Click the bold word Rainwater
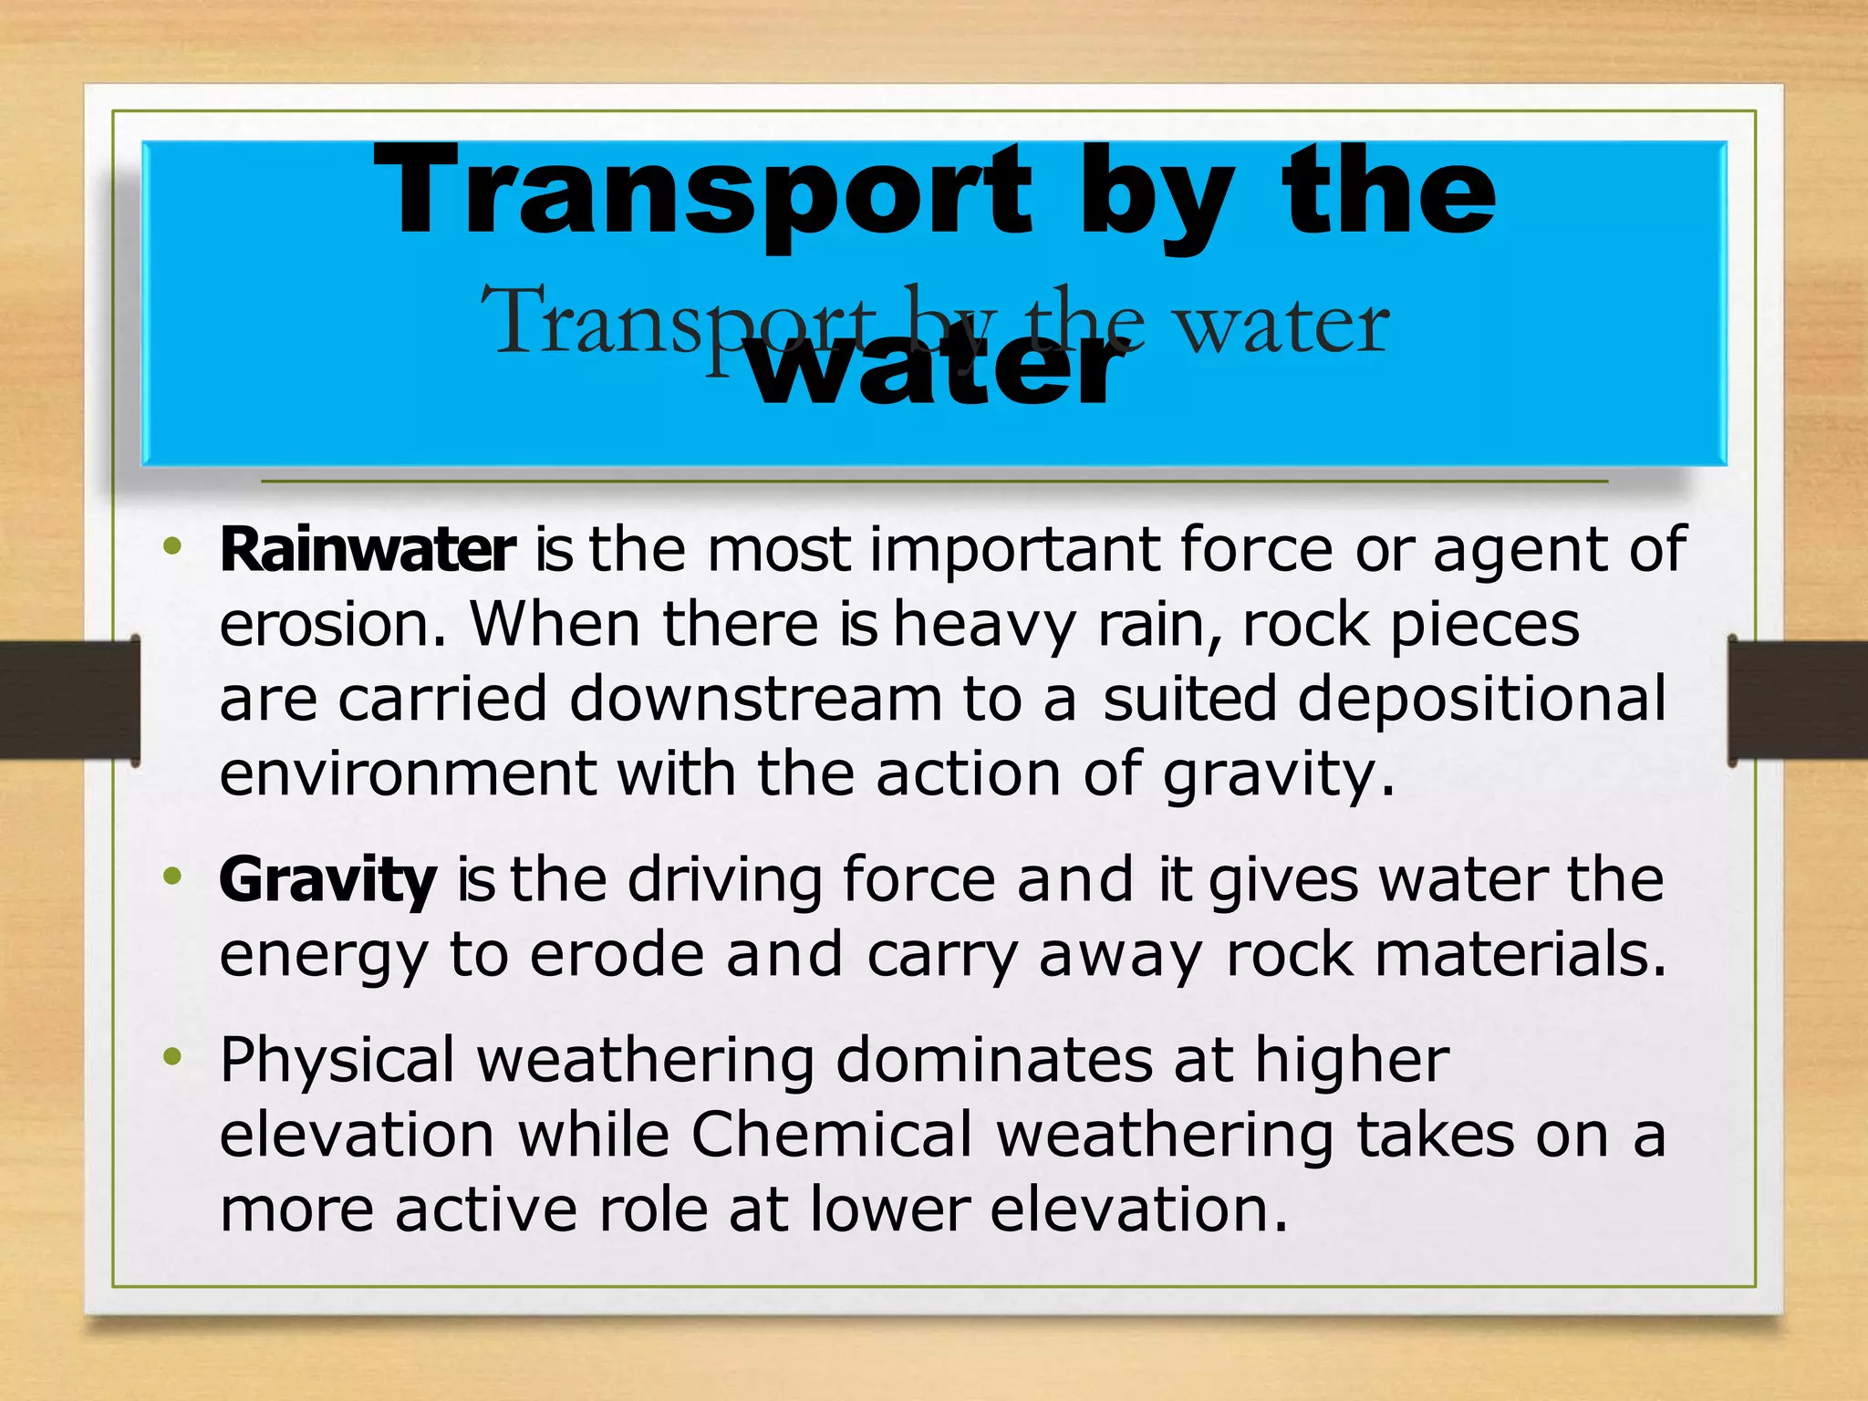coord(367,550)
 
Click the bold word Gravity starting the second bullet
coord(327,881)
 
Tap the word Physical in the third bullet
coord(337,1061)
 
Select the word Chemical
coord(832,1136)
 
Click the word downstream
coord(755,700)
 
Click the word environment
coord(408,774)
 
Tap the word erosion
coord(333,625)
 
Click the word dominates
coord(993,1061)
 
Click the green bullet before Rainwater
coord(171,547)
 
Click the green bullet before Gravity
coord(171,877)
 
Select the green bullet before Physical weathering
coord(171,1058)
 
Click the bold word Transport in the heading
coord(702,193)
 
